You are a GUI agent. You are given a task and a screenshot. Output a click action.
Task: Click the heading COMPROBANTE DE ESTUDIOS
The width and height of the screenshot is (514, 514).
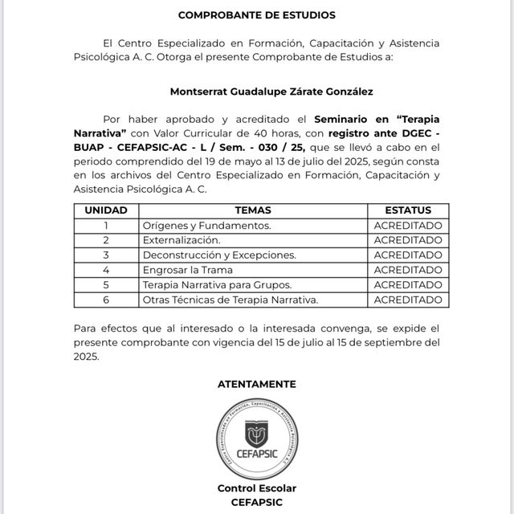(x=257, y=15)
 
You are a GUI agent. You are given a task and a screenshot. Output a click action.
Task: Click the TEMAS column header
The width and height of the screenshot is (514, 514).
(x=252, y=210)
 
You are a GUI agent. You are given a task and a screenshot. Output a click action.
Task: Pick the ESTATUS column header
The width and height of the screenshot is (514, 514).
(x=408, y=210)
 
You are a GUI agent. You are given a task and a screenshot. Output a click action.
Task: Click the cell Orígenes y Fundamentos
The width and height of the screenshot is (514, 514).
(x=207, y=226)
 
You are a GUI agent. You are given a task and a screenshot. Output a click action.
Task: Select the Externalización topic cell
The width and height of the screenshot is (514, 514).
(x=182, y=240)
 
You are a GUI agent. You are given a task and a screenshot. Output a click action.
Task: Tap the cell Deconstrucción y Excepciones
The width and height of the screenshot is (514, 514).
(x=219, y=255)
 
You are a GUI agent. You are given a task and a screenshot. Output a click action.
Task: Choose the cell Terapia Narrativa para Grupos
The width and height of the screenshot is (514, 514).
(x=217, y=284)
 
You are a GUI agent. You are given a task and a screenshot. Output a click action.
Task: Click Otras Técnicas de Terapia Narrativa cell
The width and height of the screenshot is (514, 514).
(x=230, y=300)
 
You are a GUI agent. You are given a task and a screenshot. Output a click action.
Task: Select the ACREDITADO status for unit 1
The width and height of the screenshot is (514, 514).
(x=408, y=226)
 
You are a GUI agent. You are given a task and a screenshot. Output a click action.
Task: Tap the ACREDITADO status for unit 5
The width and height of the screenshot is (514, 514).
(x=408, y=284)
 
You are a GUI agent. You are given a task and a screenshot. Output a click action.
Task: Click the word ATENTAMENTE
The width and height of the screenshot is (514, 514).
(x=257, y=384)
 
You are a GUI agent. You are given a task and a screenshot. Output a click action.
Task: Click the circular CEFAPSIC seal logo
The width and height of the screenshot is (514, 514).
(x=257, y=437)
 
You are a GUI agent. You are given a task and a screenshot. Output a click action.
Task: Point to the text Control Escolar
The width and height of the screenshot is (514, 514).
(x=257, y=488)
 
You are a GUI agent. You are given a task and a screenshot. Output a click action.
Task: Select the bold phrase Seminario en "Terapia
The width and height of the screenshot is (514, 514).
(x=377, y=117)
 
